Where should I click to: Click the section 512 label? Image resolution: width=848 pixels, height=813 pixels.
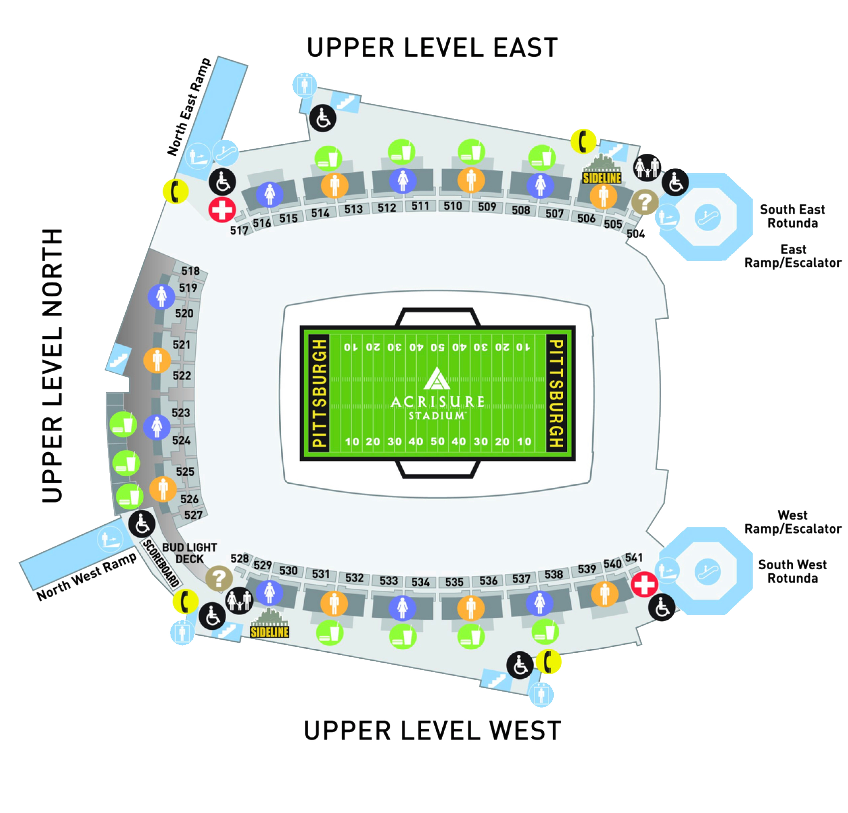point(386,208)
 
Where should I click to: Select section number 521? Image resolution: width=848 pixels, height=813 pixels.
point(181,345)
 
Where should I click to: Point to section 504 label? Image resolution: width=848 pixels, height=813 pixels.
point(636,234)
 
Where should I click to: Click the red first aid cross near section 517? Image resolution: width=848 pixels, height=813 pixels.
point(222,210)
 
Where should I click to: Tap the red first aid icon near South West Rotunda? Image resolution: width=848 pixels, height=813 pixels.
point(644,584)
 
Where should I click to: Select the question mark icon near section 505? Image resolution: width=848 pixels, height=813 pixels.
point(645,202)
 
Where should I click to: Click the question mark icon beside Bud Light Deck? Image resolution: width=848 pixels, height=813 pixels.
point(218,578)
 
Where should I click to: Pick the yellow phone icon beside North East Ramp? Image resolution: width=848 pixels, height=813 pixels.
point(176,191)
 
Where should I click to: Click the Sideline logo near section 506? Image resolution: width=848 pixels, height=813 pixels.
point(602,170)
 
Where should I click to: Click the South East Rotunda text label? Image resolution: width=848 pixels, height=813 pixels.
point(792,216)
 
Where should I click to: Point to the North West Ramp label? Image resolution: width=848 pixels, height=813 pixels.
point(86,577)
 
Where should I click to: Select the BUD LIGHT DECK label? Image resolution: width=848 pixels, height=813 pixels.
point(190,554)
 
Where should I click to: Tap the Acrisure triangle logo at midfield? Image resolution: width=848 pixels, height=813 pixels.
point(437,379)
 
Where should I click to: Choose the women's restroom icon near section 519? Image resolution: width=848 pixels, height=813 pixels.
point(161,297)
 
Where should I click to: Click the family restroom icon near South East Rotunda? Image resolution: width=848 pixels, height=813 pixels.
point(647,167)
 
